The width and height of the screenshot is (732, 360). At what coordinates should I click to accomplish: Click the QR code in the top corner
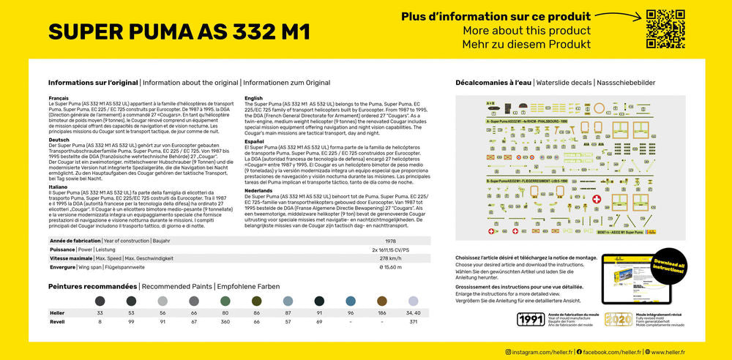coord(665,29)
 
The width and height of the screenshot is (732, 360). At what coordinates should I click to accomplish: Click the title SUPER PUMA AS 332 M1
coord(179,32)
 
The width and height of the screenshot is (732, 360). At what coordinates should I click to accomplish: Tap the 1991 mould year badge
coord(531,319)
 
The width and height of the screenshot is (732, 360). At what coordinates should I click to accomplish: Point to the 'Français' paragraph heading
coord(59,97)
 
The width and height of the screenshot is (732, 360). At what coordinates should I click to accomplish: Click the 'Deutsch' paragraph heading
coord(59,139)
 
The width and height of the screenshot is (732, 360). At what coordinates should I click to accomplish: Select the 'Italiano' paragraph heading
coord(59,187)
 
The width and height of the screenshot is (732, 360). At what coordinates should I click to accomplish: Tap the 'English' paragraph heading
coord(253,97)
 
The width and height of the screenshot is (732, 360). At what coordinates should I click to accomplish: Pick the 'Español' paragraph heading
coord(255,141)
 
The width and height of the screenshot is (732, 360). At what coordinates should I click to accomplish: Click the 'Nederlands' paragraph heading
coord(258,190)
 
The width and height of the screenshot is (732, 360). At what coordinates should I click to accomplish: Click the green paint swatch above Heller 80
coord(225,301)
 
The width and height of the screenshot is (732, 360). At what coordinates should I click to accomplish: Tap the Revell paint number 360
coord(225,322)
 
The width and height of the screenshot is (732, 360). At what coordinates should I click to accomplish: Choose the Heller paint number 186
coord(381,313)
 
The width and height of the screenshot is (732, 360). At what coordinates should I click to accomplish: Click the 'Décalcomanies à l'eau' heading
coord(493,83)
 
